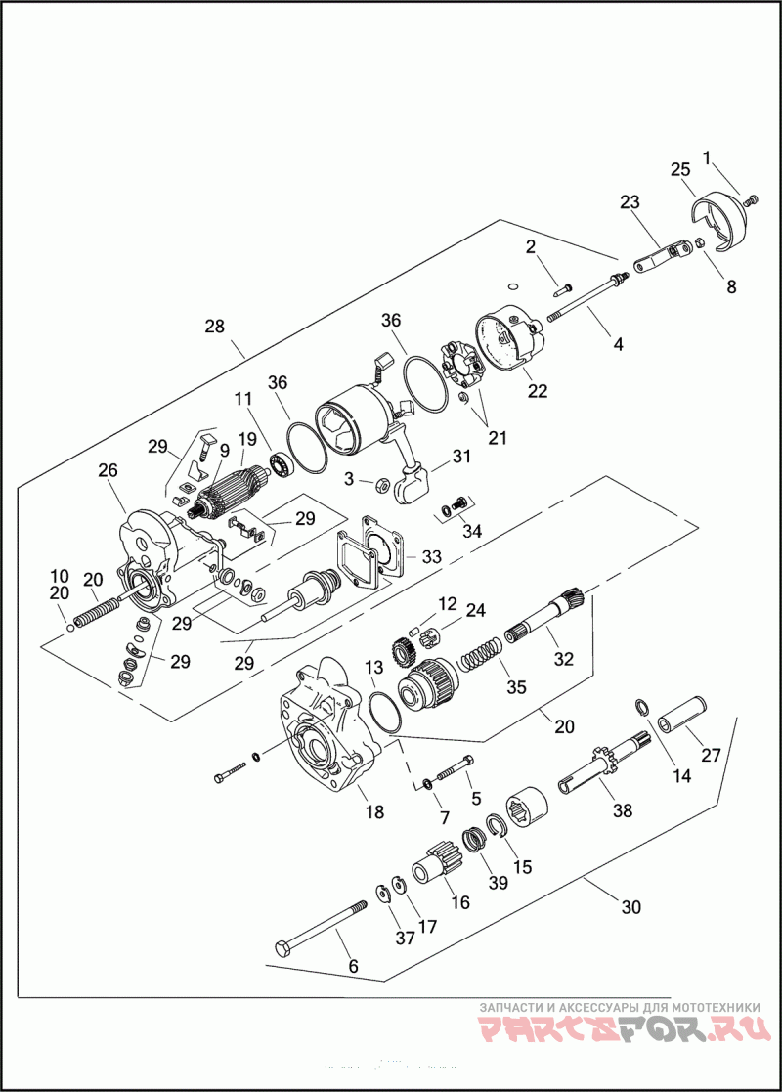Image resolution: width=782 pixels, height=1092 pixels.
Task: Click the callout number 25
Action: pos(680,169)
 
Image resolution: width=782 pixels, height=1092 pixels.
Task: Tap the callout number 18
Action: pos(374,812)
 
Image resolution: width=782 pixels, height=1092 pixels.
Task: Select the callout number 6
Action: pos(353,966)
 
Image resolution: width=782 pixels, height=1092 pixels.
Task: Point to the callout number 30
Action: pos(631,906)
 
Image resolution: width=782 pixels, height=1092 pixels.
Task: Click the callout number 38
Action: pos(622,810)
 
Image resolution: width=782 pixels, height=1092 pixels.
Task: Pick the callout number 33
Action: pos(431,556)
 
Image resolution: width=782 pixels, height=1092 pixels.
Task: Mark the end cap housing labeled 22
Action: pos(510,343)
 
